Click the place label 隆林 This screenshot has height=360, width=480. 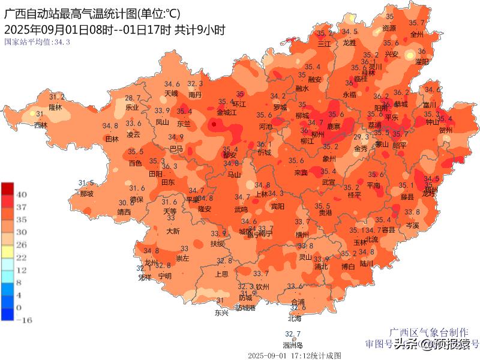[x=55, y=107]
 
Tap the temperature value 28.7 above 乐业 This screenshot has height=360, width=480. [x=133, y=98]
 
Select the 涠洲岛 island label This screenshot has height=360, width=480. [x=293, y=345]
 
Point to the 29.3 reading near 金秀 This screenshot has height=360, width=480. [x=361, y=137]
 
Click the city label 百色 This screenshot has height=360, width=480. [x=136, y=163]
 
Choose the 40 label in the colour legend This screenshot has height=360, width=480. [x=20, y=194]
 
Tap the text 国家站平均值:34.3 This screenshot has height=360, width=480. [x=37, y=42]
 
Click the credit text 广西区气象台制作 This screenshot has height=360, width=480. [x=428, y=332]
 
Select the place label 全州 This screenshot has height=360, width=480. [x=416, y=34]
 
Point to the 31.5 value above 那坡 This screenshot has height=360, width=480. [x=86, y=183]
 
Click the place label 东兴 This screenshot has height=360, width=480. [x=221, y=313]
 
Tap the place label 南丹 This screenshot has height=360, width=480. [x=194, y=94]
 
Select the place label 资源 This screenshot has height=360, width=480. [x=389, y=28]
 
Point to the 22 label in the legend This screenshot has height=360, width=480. [x=20, y=257]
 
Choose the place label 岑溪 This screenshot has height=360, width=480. [x=412, y=225]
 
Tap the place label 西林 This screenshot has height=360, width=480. [x=40, y=125]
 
